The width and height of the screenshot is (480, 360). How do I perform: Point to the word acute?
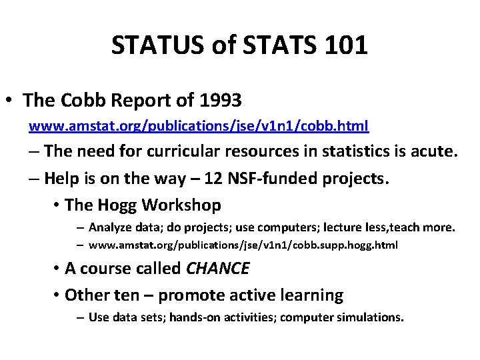pyautogui.click(x=433, y=151)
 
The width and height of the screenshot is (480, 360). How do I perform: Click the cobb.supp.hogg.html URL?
pyautogui.click(x=243, y=245)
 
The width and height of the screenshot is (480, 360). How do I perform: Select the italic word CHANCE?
pyautogui.click(x=217, y=269)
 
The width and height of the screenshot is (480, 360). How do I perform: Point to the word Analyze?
pyautogui.click(x=110, y=227)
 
